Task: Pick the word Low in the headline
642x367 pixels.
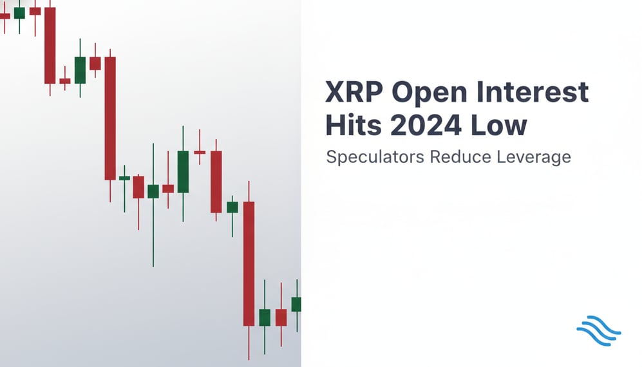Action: (506, 126)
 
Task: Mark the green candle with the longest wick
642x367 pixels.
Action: (153, 191)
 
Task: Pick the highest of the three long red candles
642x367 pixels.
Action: (50, 45)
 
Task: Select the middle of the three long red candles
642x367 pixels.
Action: (110, 118)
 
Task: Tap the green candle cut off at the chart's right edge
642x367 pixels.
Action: (296, 304)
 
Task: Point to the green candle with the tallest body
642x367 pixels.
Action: (183, 172)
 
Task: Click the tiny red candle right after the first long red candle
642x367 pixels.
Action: (65, 81)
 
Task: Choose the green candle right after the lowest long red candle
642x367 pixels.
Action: (265, 317)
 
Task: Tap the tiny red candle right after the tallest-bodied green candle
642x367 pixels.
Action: (200, 152)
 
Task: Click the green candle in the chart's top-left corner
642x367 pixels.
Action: (19, 13)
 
